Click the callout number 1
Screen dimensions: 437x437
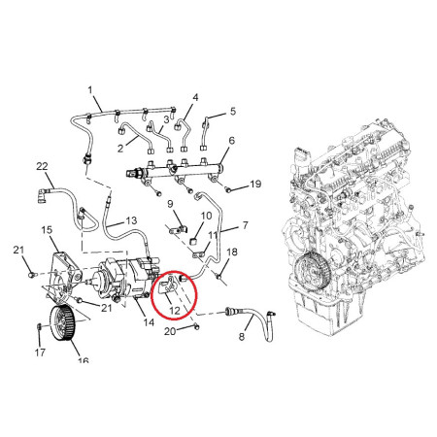click(x=90, y=89)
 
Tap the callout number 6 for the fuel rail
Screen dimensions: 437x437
click(x=231, y=141)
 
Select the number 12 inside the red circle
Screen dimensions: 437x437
click(x=175, y=311)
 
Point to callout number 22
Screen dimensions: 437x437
click(x=42, y=166)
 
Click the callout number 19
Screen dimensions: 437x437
click(x=255, y=184)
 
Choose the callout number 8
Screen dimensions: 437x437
click(x=242, y=337)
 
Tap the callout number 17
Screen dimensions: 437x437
click(x=40, y=353)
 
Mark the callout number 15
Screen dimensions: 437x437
click(x=47, y=230)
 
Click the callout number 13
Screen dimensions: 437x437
click(x=131, y=220)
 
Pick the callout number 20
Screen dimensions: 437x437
click(x=170, y=331)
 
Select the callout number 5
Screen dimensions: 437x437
click(x=233, y=112)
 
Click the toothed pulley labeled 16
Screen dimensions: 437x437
click(x=61, y=323)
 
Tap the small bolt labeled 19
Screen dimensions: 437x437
click(x=228, y=190)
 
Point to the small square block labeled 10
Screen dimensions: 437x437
click(x=193, y=242)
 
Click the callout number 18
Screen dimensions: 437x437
click(x=232, y=252)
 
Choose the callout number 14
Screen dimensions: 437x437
click(x=149, y=322)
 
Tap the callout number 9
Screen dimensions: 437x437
click(x=170, y=204)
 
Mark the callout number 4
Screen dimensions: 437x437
click(x=195, y=97)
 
